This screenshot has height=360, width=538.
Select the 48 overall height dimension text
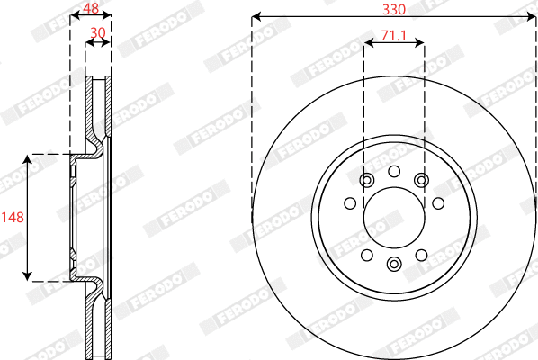pos(91,8)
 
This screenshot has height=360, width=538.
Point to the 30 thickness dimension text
pos(98,33)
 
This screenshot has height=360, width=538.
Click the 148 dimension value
pos(12,216)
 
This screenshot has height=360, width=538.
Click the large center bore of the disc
pos(394,217)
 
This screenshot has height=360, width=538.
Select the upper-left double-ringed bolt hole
pos(366,181)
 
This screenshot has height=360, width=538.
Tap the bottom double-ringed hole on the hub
pos(394,264)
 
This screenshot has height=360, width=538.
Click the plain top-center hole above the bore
pos(394,171)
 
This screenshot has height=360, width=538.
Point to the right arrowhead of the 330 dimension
pos(533,16)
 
